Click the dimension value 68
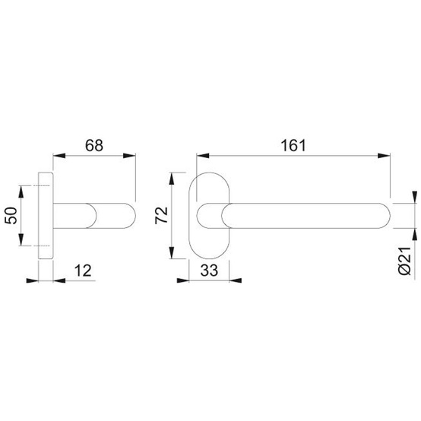coord(94,145)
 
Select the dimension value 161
coord(293,145)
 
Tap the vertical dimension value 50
coord(11,215)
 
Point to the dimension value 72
coord(161,215)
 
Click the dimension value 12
coord(83,271)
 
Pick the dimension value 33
coord(209,271)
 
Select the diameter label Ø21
coord(404,261)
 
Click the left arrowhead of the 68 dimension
coord(59,156)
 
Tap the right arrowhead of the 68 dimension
coord(129,156)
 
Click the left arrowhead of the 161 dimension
coord(203,156)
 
